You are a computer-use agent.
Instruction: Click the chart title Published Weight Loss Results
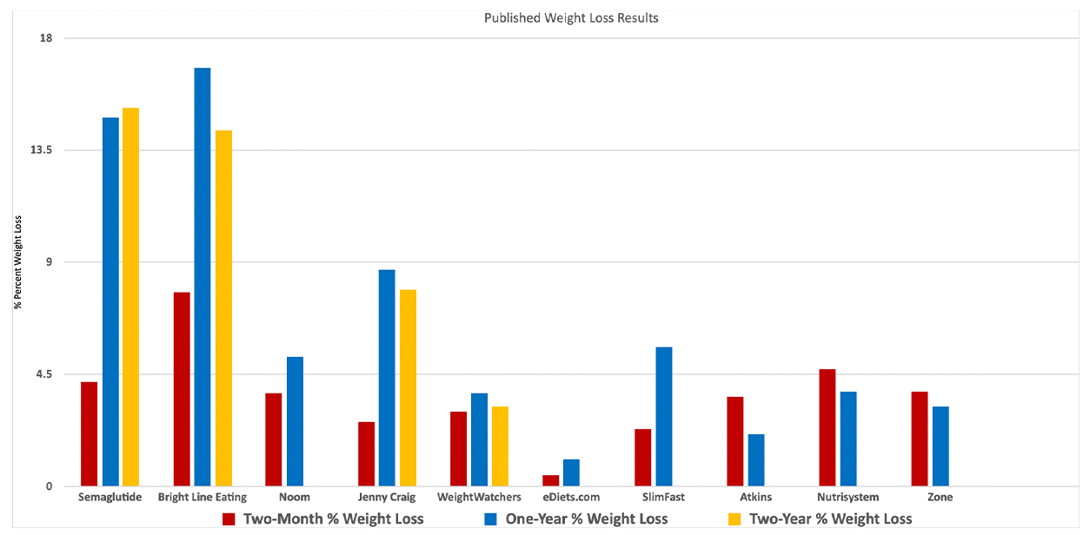click(571, 18)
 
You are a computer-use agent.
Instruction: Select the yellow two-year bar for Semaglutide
click(130, 296)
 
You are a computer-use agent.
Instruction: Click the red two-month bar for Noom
click(274, 439)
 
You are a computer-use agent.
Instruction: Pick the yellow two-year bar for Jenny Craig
click(408, 387)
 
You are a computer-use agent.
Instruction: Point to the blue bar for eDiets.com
click(571, 472)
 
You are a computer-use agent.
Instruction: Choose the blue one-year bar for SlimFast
click(664, 416)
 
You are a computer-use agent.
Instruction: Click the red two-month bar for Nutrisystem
click(827, 427)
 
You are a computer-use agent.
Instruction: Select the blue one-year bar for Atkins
click(756, 459)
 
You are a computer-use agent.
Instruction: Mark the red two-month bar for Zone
click(920, 439)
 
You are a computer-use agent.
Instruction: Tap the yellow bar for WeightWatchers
click(500, 446)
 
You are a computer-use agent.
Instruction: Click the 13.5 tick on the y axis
click(40, 150)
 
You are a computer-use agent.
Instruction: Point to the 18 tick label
click(46, 38)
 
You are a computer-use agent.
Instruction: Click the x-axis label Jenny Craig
click(387, 498)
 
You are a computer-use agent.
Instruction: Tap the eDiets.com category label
click(571, 498)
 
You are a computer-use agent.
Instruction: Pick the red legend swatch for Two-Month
click(229, 519)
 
